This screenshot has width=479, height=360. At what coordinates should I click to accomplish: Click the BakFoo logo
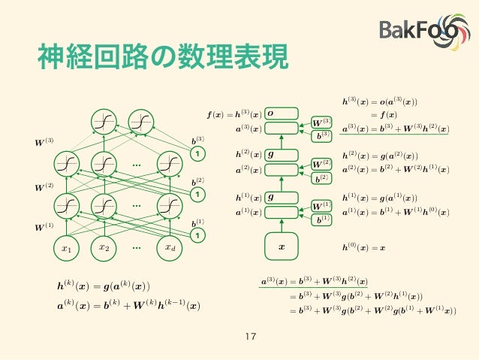pos(423,32)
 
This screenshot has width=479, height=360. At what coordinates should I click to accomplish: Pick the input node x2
pos(104,247)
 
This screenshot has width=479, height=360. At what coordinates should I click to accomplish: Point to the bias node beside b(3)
pos(198,154)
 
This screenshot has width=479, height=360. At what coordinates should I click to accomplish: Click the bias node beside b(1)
pos(198,236)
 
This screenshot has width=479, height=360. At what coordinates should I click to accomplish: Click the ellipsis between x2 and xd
pos(137,247)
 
